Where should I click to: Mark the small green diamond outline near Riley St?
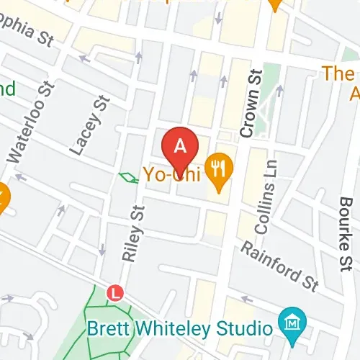coord(128,177)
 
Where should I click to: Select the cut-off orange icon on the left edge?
coord(3,196)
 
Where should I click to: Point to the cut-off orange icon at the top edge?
coord(274,4)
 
